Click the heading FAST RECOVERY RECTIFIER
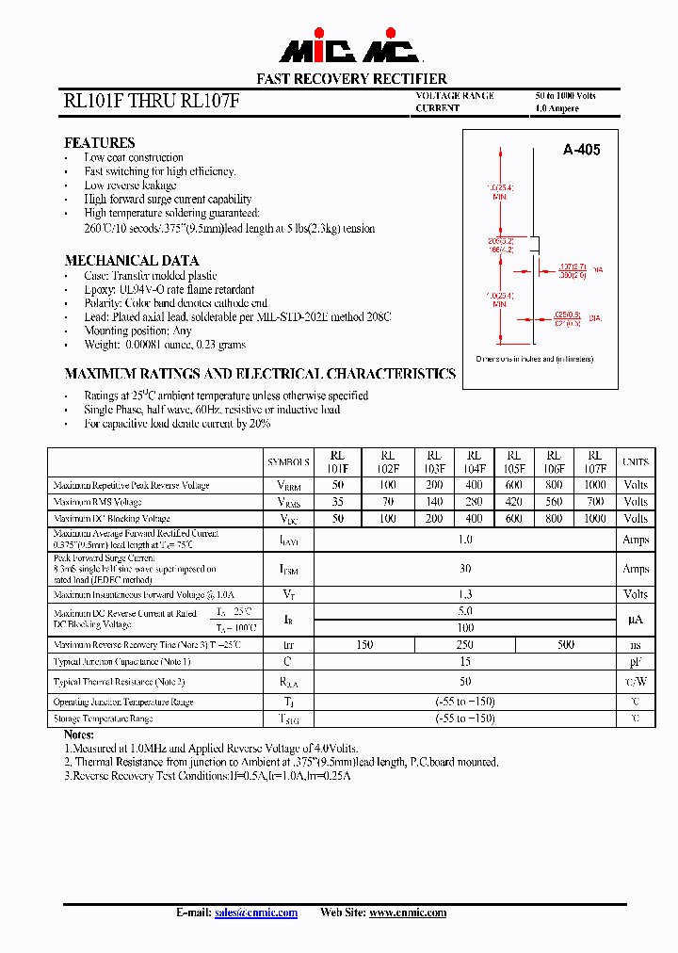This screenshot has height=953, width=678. point(352,79)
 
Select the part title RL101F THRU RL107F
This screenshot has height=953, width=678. point(152,102)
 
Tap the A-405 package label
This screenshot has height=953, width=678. point(581,150)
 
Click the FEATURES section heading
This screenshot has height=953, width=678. point(99,143)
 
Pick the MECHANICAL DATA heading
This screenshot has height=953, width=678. point(131,261)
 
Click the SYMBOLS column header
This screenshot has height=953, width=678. point(288,462)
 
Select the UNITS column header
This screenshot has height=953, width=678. point(636,462)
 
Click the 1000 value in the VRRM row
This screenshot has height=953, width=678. point(594,485)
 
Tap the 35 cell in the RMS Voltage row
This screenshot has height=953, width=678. point(337,502)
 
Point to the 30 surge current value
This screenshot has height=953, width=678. point(465,569)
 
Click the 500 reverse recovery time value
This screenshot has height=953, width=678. point(566,645)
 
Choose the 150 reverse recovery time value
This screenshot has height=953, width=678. point(364,645)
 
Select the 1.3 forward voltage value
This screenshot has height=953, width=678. point(465,594)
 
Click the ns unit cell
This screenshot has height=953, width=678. point(636,645)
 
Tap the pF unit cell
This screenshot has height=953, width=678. point(636,662)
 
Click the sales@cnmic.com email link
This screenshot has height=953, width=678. point(256,913)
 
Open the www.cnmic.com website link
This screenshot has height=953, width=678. point(407,913)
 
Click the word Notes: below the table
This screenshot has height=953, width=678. point(79,734)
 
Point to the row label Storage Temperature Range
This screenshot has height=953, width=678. point(104,719)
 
